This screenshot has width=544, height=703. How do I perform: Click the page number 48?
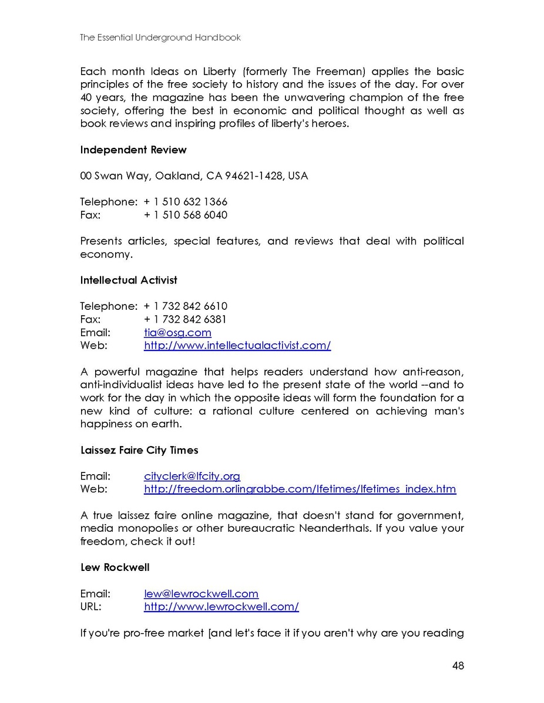[458, 665]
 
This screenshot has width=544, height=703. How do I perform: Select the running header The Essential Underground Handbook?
[160, 38]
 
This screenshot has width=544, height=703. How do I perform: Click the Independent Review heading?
[133, 150]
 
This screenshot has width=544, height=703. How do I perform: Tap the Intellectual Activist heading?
[129, 280]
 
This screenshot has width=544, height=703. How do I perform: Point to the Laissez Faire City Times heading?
[139, 450]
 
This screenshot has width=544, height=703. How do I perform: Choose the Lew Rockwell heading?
[115, 567]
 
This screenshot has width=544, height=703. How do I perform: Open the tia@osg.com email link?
[177, 332]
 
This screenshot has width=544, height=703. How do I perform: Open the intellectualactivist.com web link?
[237, 345]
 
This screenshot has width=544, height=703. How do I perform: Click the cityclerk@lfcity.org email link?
[192, 476]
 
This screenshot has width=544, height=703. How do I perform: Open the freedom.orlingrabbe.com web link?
[300, 489]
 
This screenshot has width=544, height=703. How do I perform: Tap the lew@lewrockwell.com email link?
[201, 593]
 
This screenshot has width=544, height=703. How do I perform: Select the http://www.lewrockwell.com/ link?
[221, 606]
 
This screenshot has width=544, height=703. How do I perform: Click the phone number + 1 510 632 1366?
[186, 202]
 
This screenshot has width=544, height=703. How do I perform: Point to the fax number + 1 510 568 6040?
[186, 215]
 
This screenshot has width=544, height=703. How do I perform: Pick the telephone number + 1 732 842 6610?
[186, 306]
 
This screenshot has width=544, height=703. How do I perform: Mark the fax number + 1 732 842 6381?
[186, 319]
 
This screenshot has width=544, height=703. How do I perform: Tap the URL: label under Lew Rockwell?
[90, 606]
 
